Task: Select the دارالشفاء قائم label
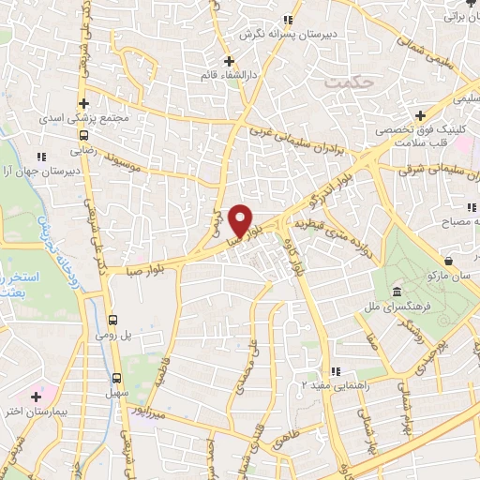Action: pyautogui.click(x=229, y=71)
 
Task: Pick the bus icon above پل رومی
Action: pyautogui.click(x=114, y=318)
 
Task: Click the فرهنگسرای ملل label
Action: pyautogui.click(x=397, y=306)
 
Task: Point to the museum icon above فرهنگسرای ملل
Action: pyautogui.click(x=397, y=290)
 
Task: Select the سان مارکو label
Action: pyautogui.click(x=451, y=277)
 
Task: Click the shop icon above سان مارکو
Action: pyautogui.click(x=451, y=262)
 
